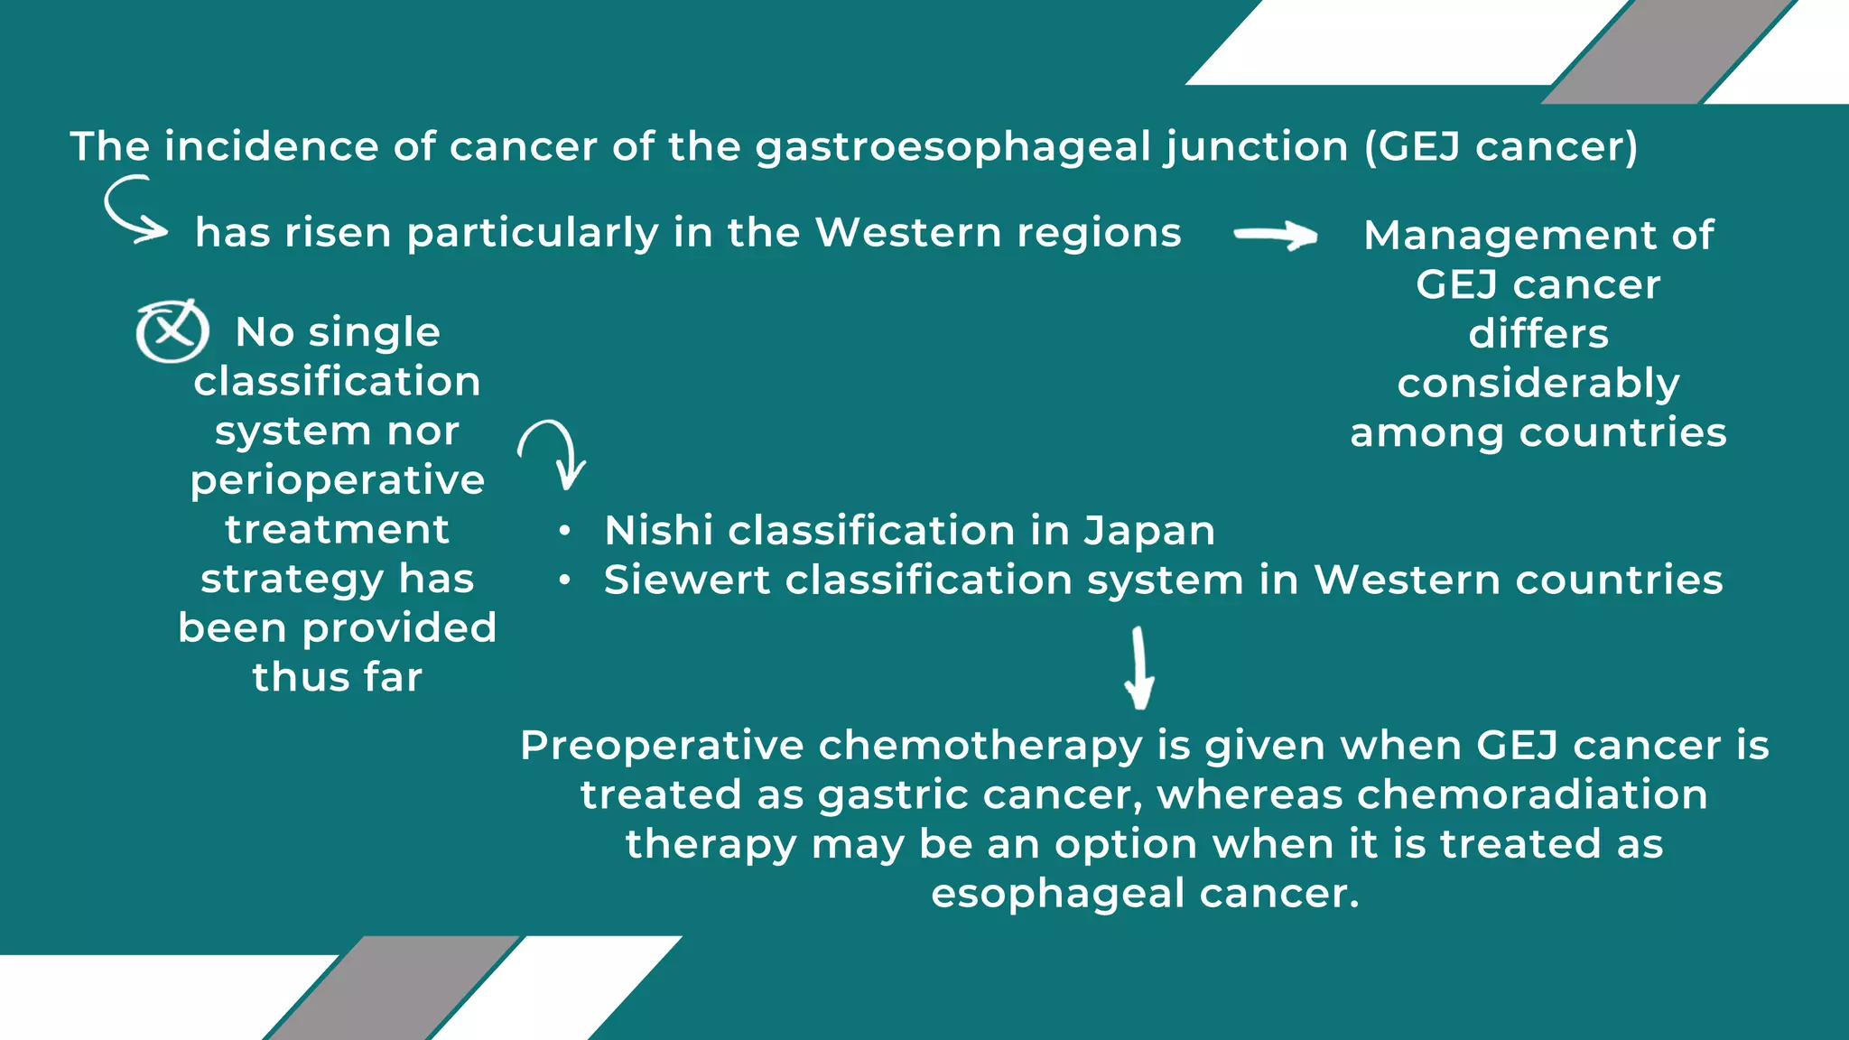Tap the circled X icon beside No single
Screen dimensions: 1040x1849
172,330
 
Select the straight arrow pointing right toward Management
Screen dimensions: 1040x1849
1276,236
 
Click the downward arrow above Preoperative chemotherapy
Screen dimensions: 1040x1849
1139,668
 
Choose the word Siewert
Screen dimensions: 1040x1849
686,580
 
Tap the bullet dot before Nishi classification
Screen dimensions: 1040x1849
564,531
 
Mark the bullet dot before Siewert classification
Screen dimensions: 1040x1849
564,580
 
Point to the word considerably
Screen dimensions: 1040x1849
1538,384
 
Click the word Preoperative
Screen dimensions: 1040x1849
662,746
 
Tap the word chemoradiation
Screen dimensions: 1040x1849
1532,795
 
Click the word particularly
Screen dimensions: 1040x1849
533,233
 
